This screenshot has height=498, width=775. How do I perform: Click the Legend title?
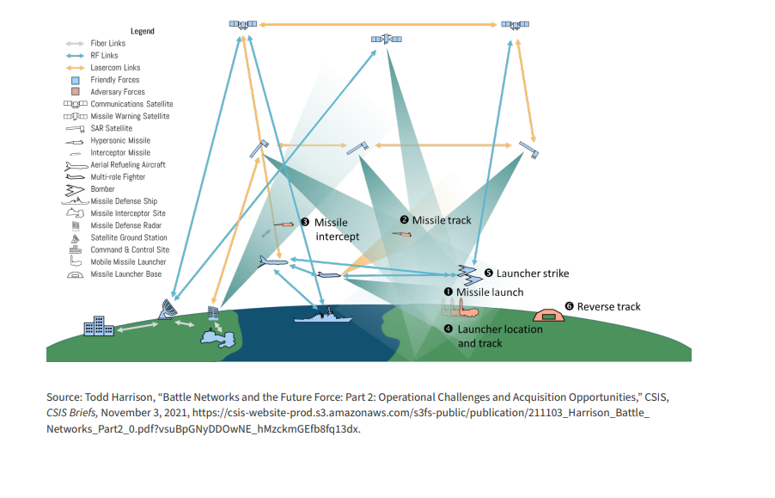point(143,31)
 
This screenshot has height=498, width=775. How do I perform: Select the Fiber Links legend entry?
point(107,44)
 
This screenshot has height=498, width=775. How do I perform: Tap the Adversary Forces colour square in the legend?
point(75,92)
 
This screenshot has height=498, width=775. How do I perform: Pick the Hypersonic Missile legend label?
point(120,140)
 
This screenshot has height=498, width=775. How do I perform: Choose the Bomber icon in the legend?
point(75,190)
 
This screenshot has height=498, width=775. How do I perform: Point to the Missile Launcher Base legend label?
point(126,274)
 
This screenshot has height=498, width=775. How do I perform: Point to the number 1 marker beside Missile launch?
point(449,292)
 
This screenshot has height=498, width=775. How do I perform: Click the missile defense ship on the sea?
point(323,316)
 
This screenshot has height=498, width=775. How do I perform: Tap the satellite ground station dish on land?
point(168,310)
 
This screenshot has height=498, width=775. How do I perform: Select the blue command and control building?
point(99,326)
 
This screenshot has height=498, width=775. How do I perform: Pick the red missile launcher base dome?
point(549,315)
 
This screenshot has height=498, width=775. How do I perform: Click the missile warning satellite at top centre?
point(387,39)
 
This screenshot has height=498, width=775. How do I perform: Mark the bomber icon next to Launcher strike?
point(468,275)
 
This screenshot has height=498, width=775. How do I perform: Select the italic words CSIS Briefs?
point(72,413)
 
